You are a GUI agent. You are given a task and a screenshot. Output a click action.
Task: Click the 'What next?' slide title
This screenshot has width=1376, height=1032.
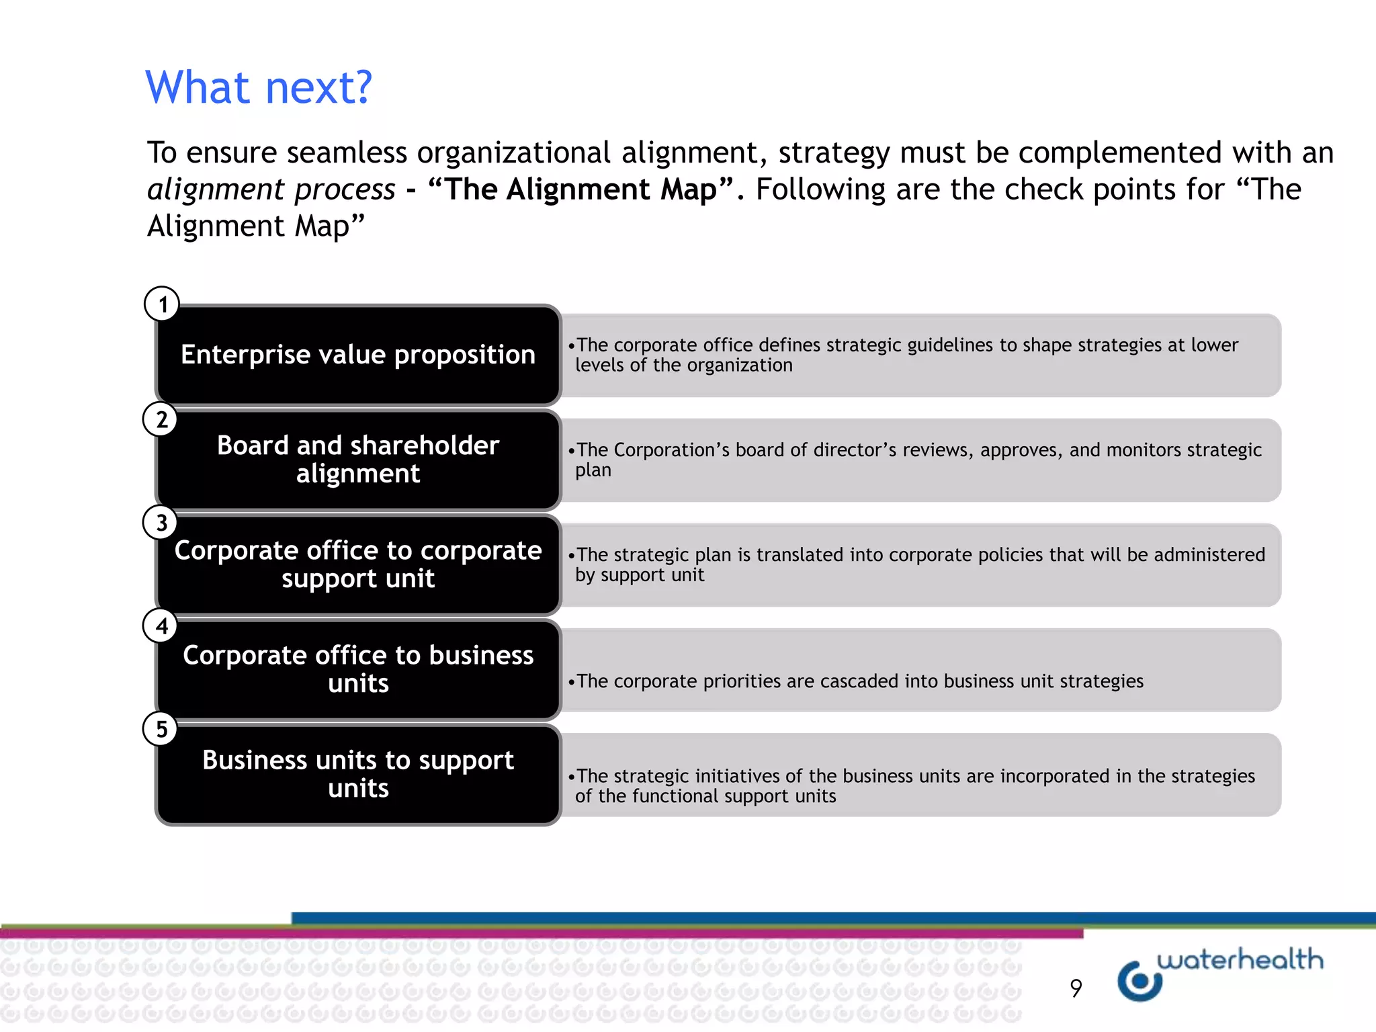click(259, 87)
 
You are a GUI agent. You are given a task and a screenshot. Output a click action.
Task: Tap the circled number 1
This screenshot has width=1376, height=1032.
click(162, 304)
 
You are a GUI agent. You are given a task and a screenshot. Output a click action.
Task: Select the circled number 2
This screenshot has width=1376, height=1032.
click(161, 419)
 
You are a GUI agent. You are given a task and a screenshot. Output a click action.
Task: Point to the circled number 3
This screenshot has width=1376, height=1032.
click(161, 523)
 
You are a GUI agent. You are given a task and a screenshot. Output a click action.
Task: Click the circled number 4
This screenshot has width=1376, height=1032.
click(161, 626)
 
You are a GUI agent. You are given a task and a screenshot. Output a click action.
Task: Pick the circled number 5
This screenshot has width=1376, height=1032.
click(161, 729)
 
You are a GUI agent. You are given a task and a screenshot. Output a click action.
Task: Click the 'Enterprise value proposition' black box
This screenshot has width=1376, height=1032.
click(358, 355)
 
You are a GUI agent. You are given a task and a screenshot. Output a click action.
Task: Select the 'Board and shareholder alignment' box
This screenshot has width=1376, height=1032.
click(358, 460)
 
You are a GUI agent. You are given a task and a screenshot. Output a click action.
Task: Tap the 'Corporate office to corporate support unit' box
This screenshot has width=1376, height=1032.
click(358, 564)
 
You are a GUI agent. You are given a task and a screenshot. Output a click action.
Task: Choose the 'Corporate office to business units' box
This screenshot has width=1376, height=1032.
click(358, 669)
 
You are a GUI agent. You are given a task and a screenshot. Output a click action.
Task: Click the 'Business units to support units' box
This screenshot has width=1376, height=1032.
click(358, 774)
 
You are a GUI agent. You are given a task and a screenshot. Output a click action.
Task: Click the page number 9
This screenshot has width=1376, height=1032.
click(1076, 988)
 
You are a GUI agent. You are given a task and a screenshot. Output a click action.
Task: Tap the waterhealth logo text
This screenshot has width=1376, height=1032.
click(1240, 959)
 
